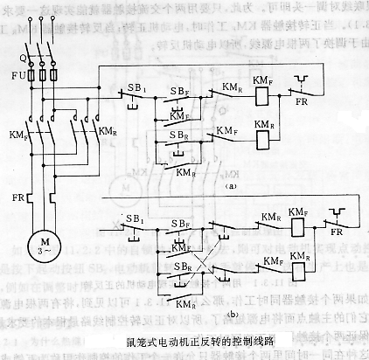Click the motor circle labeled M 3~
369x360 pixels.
[x=44, y=241]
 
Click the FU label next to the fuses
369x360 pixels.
[x=17, y=77]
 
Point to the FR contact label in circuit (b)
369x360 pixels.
[x=339, y=246]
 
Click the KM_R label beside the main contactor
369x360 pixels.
[x=108, y=130]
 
